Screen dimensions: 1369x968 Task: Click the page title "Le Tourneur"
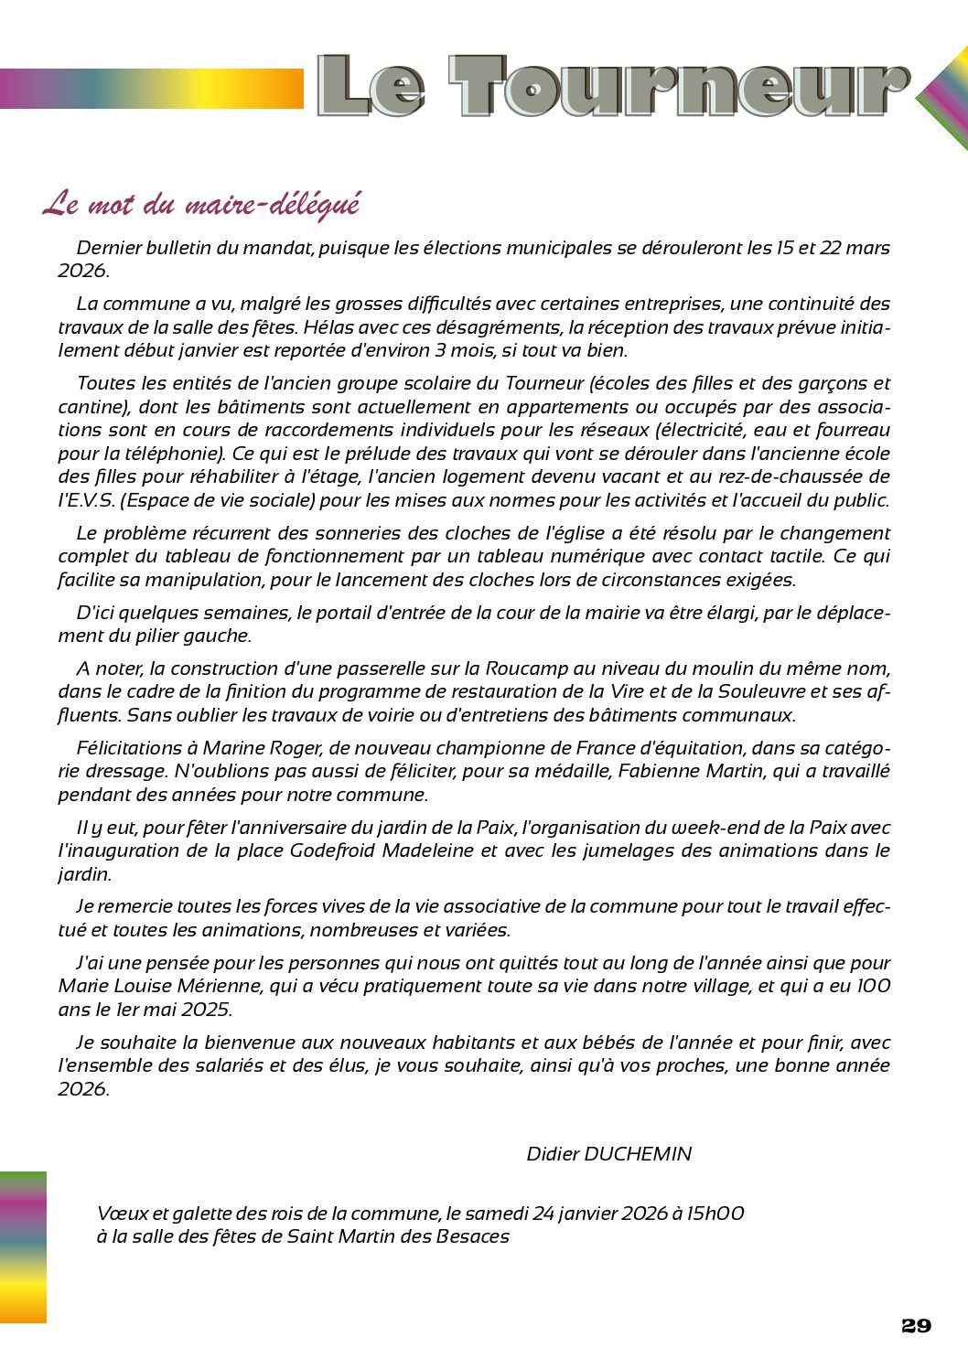click(613, 86)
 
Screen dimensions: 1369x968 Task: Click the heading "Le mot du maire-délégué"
click(201, 204)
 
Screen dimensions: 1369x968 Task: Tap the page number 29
click(916, 1326)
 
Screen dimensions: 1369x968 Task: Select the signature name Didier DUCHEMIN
click(608, 1154)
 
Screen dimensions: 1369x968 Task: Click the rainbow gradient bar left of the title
click(151, 89)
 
